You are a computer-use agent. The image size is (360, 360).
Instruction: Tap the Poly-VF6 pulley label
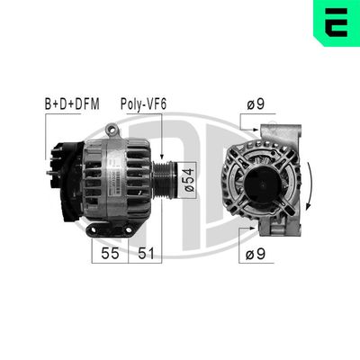(143, 104)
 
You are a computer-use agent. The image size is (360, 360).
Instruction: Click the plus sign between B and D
(56, 104)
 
